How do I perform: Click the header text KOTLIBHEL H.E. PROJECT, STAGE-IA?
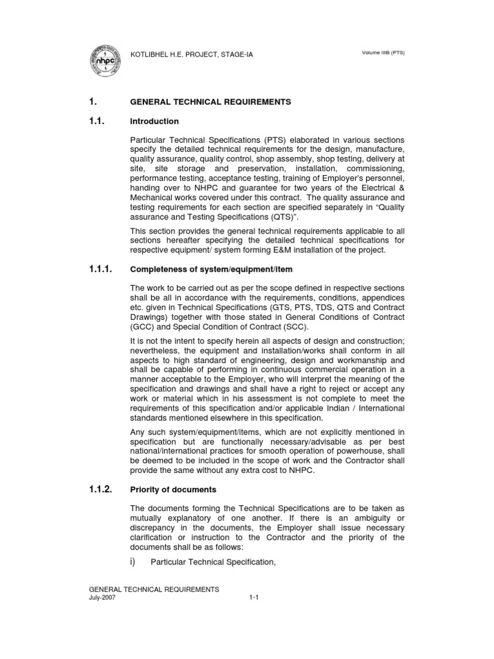pos(192,55)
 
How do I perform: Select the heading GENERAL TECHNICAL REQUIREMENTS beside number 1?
pos(210,102)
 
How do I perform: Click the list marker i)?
pos(134,562)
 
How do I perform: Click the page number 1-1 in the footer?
pos(253,597)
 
